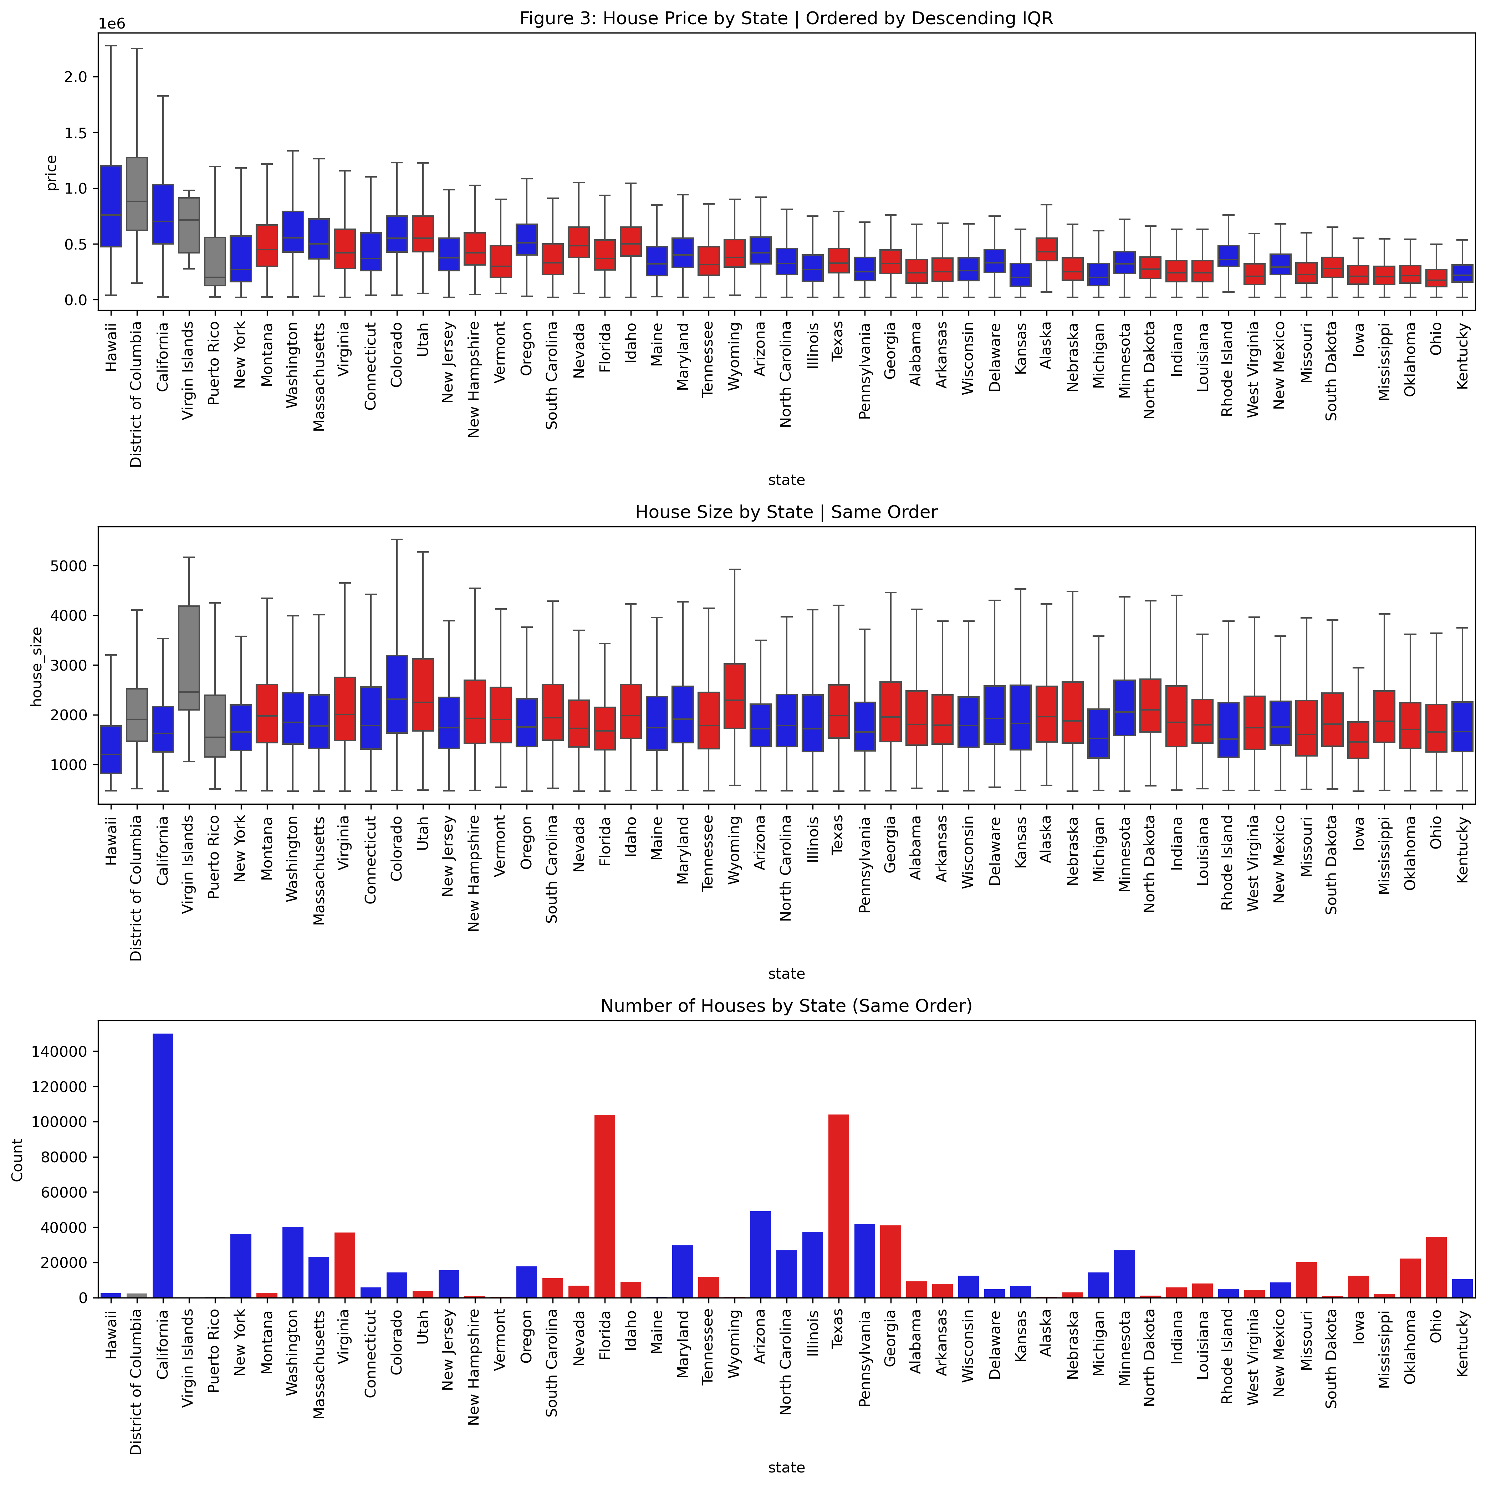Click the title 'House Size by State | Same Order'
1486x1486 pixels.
tap(786, 512)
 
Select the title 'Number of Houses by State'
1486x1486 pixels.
tap(786, 1006)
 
